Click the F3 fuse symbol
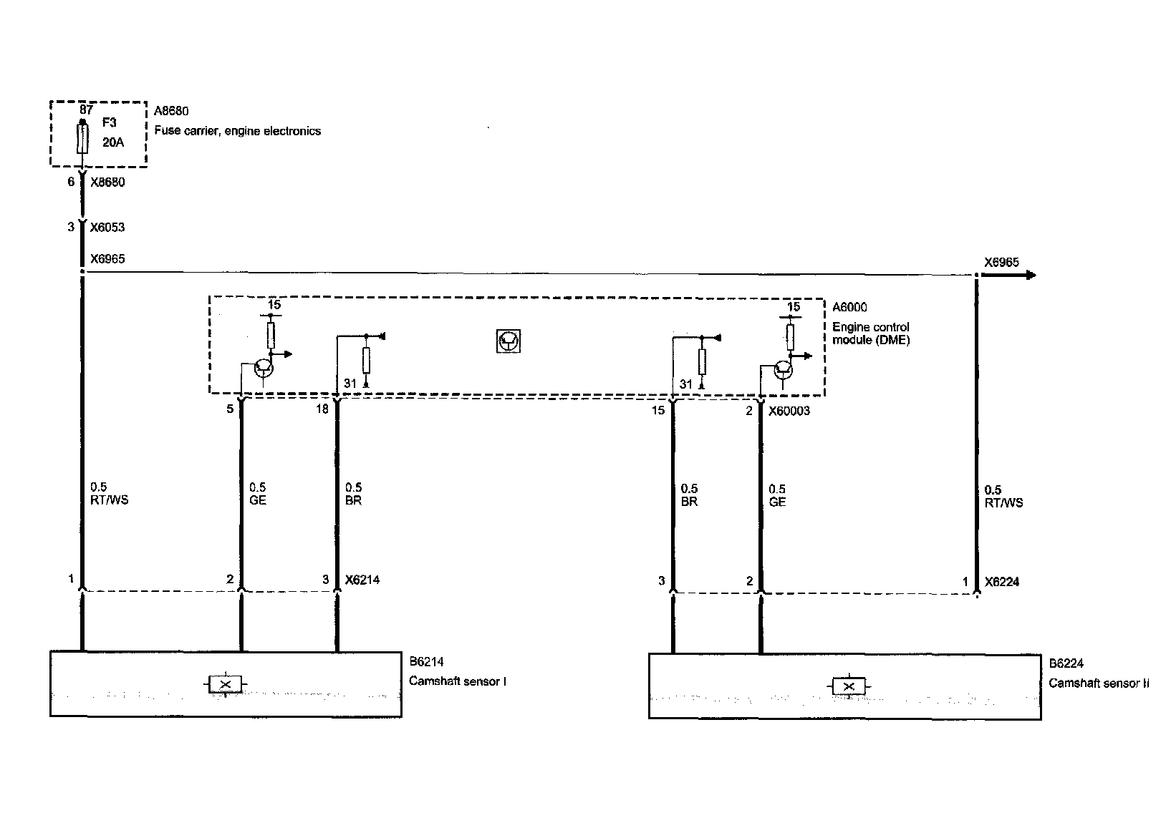(x=82, y=138)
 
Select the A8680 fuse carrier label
(x=171, y=111)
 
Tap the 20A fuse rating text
(x=113, y=142)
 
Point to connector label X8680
(x=107, y=182)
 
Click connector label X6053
(x=107, y=227)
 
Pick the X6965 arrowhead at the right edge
(x=1030, y=275)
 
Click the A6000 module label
(x=849, y=307)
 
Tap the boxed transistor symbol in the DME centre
(x=509, y=341)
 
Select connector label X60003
(x=789, y=412)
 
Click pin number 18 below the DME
(x=322, y=409)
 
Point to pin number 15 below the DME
(x=658, y=410)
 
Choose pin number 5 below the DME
(x=230, y=409)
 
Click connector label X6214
(x=362, y=580)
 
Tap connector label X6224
(x=1002, y=582)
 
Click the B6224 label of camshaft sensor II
(x=1066, y=663)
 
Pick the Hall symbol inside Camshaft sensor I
(x=226, y=684)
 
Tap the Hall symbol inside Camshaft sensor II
(x=849, y=687)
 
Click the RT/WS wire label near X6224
(x=1003, y=502)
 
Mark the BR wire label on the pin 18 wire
(x=353, y=501)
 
